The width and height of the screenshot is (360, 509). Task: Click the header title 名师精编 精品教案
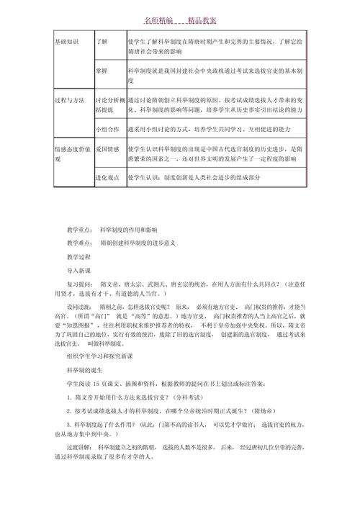click(180, 22)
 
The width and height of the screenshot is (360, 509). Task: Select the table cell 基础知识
click(69, 42)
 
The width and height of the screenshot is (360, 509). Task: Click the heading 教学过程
click(79, 256)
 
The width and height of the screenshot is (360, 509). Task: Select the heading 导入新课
click(79, 271)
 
